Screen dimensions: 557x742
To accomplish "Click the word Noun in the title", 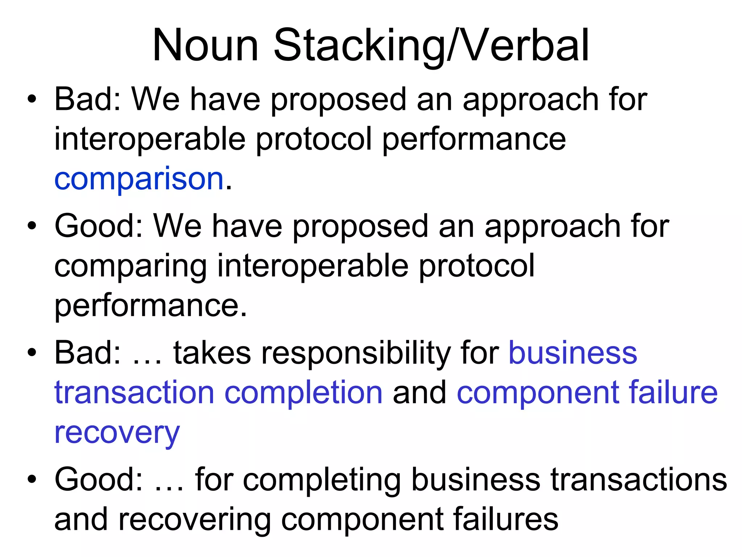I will [x=205, y=46].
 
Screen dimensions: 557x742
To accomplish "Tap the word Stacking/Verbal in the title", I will [x=431, y=46].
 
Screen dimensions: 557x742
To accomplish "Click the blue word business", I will [x=573, y=353].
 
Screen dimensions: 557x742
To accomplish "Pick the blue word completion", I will [x=303, y=393].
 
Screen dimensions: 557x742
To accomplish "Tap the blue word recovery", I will [x=117, y=433].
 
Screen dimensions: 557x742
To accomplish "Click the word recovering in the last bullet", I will [x=194, y=520].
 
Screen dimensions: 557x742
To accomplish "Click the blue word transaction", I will [x=134, y=393].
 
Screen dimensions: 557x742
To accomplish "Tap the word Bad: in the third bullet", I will [x=87, y=353].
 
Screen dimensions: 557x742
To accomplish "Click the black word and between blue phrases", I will [x=419, y=393].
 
